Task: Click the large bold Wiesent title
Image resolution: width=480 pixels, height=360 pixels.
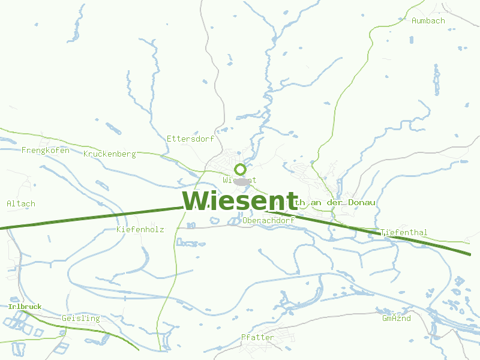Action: click(240, 200)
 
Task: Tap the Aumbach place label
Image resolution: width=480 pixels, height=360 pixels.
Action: click(428, 20)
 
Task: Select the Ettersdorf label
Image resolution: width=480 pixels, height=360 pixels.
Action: click(190, 139)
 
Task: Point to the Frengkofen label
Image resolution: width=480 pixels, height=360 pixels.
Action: click(45, 150)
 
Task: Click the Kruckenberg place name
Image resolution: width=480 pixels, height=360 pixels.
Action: click(110, 154)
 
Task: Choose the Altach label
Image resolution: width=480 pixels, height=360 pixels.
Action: click(21, 203)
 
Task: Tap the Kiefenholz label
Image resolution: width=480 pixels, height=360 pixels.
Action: click(140, 229)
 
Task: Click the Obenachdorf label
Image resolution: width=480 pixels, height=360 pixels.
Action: click(268, 220)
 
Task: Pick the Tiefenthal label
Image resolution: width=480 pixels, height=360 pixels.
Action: click(404, 232)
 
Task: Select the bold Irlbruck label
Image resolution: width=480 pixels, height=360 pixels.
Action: click(25, 307)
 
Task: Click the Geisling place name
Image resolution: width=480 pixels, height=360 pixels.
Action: click(80, 318)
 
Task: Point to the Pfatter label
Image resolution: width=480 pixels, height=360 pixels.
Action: click(257, 337)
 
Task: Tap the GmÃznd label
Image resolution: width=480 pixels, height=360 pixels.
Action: click(396, 318)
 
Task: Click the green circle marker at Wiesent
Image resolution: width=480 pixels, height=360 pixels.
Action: click(240, 169)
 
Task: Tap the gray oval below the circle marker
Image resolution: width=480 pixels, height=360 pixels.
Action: click(241, 181)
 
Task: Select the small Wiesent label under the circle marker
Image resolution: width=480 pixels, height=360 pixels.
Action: click(239, 179)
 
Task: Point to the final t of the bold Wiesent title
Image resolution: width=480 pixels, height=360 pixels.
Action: click(292, 201)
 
